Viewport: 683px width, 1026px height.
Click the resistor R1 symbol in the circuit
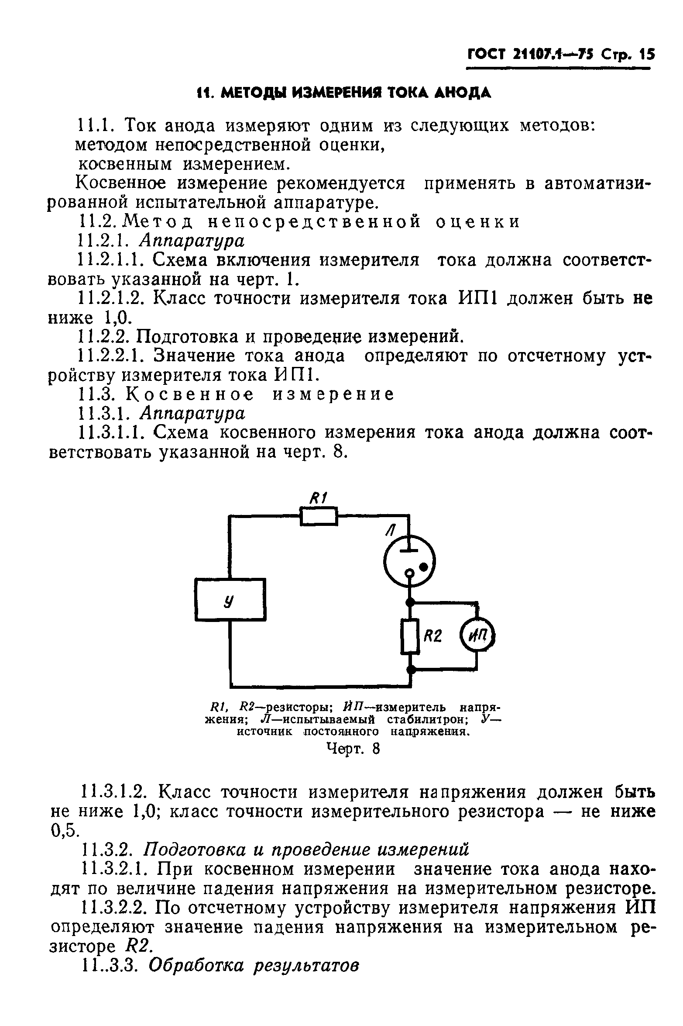click(x=319, y=516)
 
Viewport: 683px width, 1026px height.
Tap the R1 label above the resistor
click(x=319, y=498)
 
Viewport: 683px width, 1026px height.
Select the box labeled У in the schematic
click(x=230, y=599)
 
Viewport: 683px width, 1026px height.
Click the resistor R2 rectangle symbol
click(x=410, y=636)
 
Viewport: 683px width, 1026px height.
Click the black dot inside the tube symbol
click(x=423, y=567)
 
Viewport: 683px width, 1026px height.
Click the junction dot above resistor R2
click(x=410, y=603)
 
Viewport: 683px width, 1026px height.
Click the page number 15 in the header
click(x=645, y=55)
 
